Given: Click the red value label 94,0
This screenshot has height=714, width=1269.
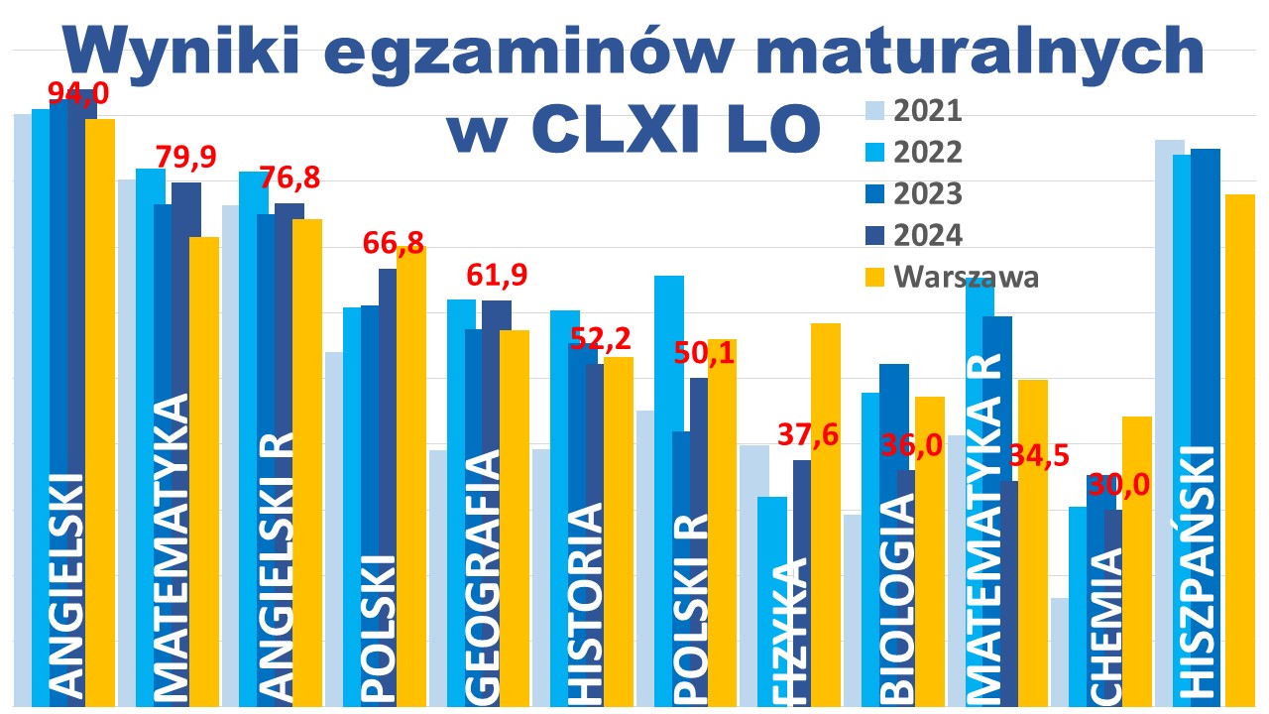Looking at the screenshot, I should click(79, 95).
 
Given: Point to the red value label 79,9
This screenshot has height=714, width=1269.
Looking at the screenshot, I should click(186, 158).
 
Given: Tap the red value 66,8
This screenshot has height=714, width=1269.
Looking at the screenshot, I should click(396, 242).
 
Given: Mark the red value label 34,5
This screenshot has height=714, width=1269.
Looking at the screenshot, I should click(1038, 457).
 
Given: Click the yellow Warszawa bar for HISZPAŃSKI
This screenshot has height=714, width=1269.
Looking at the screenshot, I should click(1239, 446).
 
